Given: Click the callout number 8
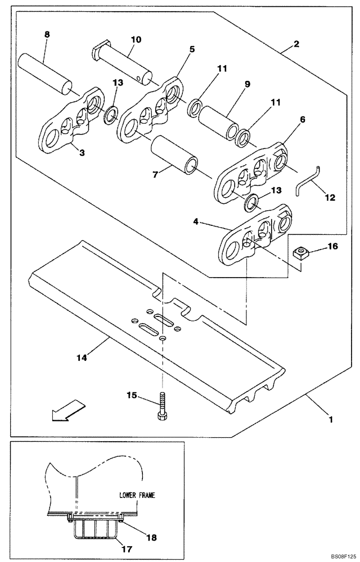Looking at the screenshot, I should [47, 35].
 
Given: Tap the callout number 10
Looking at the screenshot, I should [136, 40].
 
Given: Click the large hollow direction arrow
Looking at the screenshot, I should [66, 411].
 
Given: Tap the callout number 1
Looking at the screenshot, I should [331, 418].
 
